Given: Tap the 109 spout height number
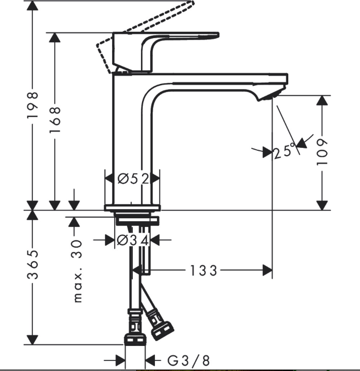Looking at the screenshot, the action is point(322,152).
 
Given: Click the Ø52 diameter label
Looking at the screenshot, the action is point(133,179).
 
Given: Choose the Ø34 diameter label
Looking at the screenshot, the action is point(133,240).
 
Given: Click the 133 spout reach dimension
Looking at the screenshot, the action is point(204,270).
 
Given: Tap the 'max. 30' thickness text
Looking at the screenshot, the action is point(77,271).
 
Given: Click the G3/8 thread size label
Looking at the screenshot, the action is point(188,360).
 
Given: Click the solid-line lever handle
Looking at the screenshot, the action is point(166,52).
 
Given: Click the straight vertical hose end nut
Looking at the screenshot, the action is point(134,339).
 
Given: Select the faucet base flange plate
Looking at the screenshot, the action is point(132,208).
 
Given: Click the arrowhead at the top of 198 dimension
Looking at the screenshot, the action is point(32,6).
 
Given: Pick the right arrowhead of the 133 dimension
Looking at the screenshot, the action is point(268,270).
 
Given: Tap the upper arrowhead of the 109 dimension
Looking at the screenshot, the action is point(322,101).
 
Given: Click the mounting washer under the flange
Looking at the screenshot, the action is point(137,221).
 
